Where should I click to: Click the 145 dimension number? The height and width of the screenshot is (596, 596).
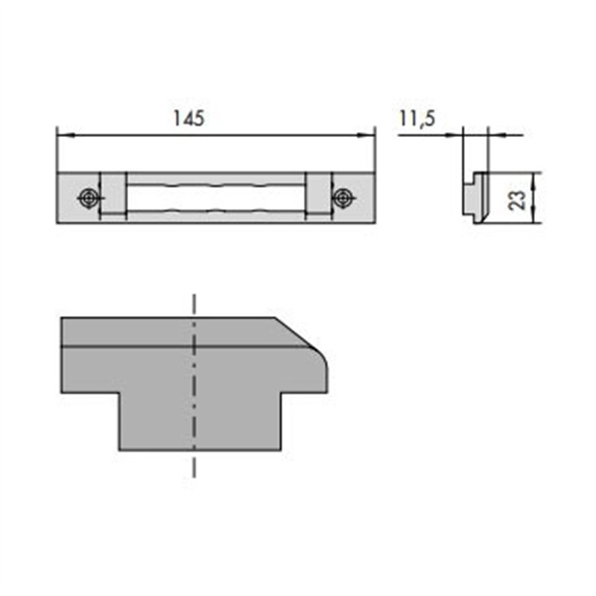pyautogui.click(x=189, y=118)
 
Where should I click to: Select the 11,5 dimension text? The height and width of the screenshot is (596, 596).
pyautogui.click(x=417, y=118)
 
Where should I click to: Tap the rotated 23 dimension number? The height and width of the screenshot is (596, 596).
pyautogui.click(x=517, y=200)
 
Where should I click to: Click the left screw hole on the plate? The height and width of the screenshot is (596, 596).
pyautogui.click(x=89, y=198)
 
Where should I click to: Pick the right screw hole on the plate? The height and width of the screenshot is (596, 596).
pyautogui.click(x=343, y=198)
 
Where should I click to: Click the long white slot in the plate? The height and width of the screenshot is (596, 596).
pyautogui.click(x=216, y=197)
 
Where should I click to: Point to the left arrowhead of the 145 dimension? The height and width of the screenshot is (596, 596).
pyautogui.click(x=66, y=135)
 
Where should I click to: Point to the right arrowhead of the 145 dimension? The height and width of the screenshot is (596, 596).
pyautogui.click(x=366, y=135)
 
